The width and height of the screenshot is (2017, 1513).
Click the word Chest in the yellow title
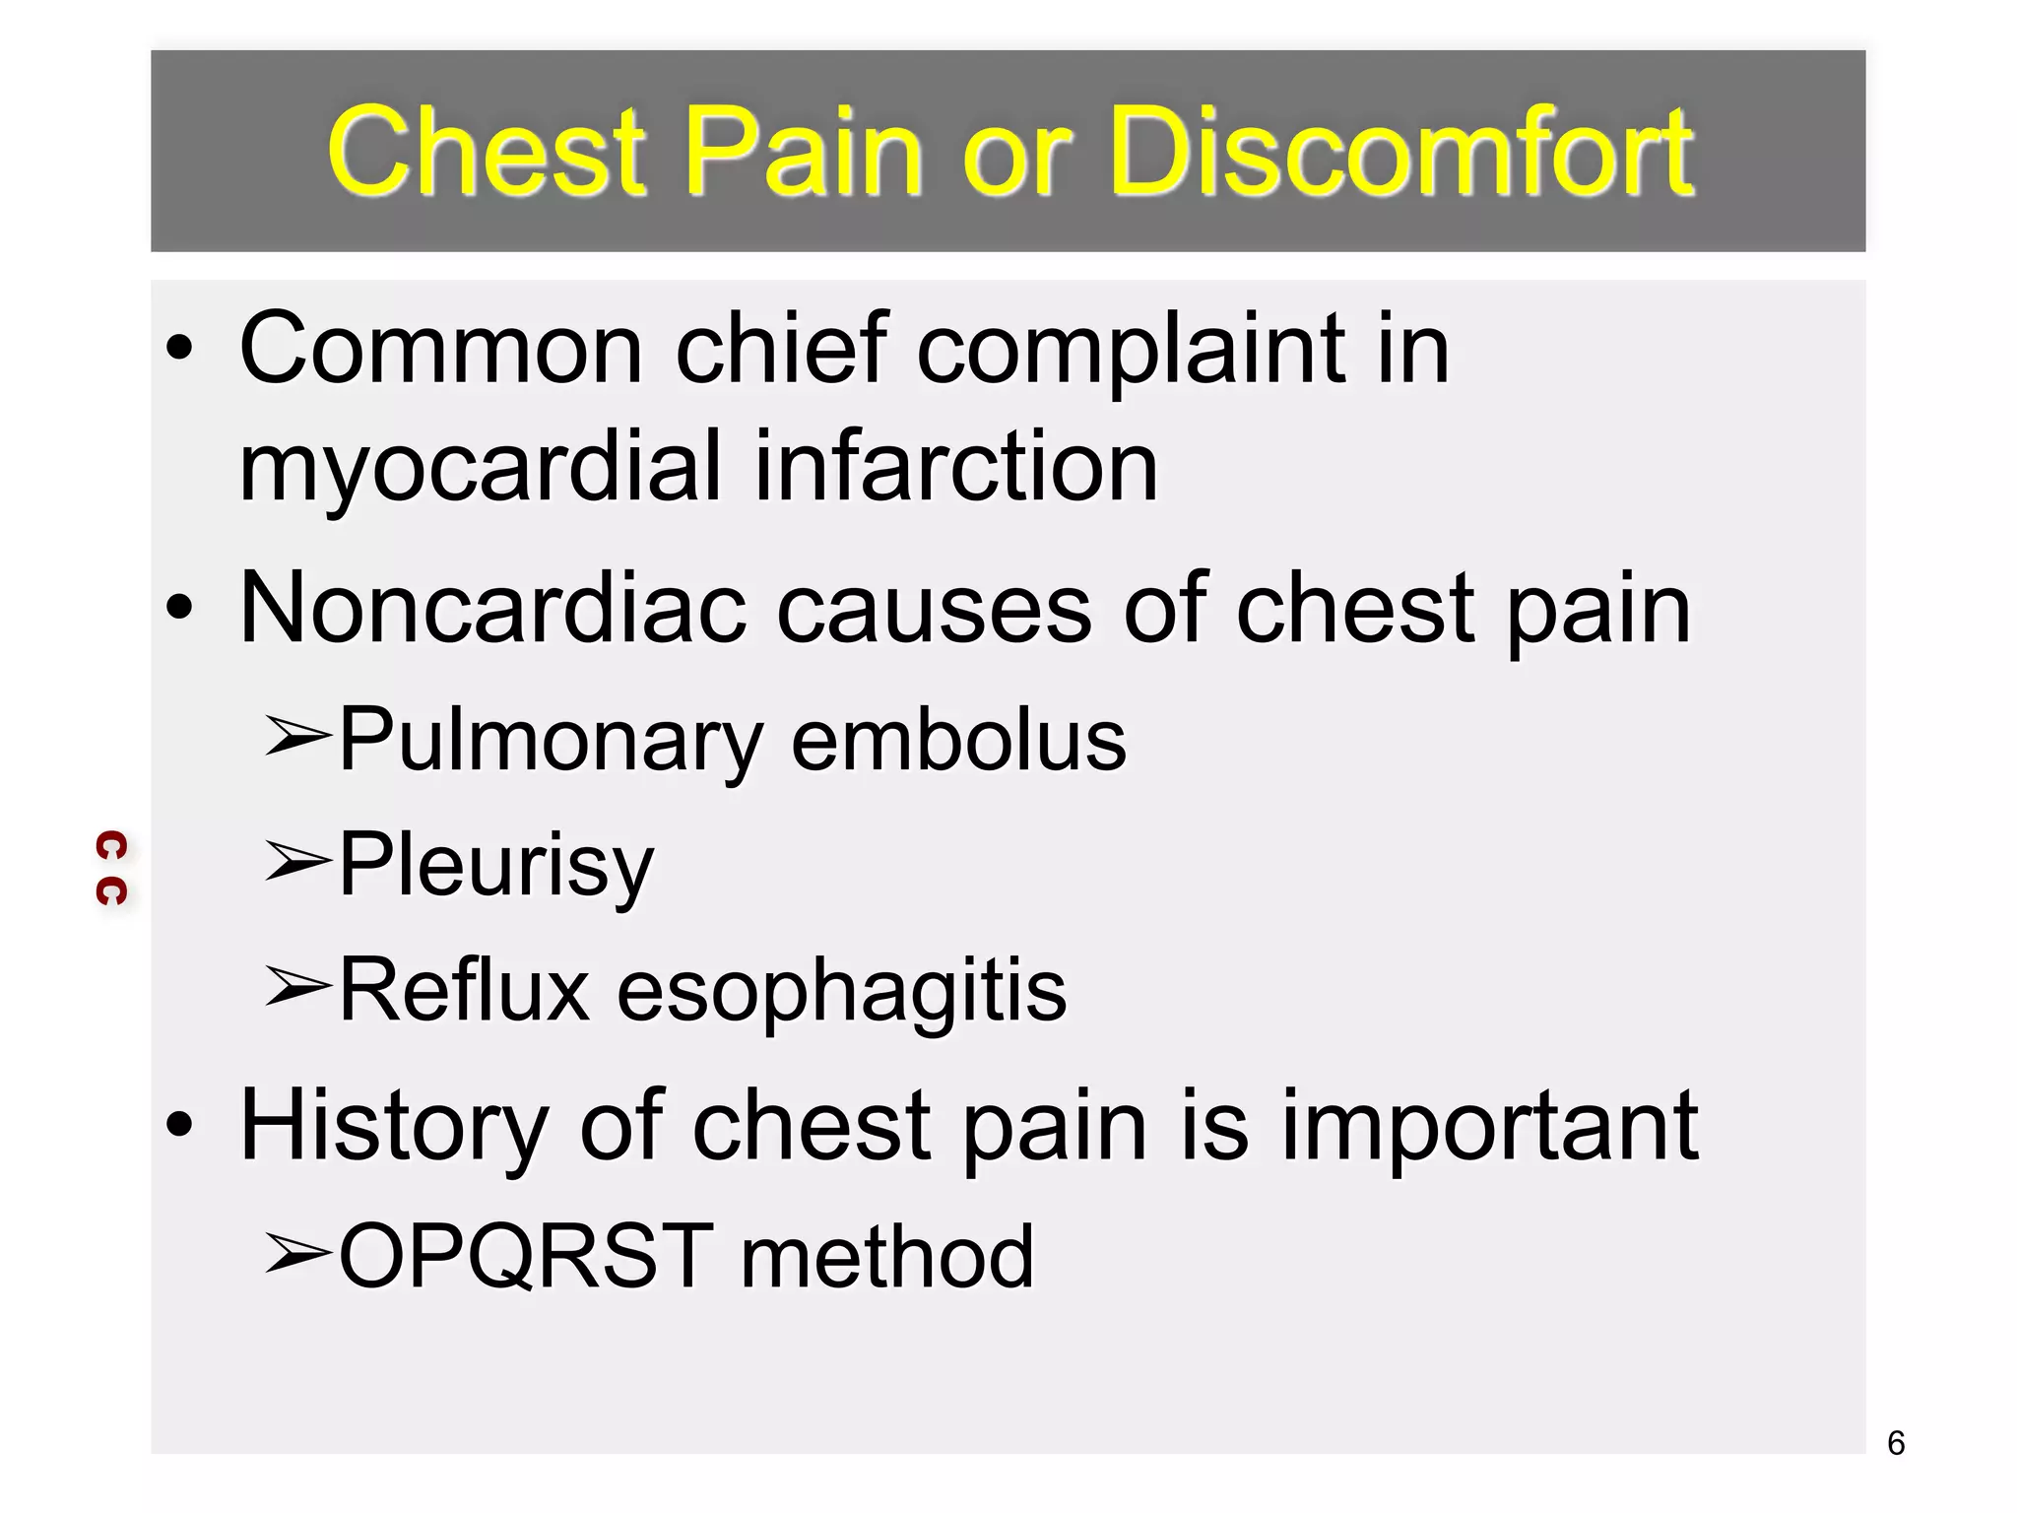[x=487, y=152]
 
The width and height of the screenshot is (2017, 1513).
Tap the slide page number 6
[x=1896, y=1443]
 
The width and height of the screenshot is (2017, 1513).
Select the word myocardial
[x=481, y=468]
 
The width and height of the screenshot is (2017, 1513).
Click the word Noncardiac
[x=492, y=610]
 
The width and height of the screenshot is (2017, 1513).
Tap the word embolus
[x=958, y=741]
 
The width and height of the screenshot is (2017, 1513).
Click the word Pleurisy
[x=496, y=866]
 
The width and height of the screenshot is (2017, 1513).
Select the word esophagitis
[x=841, y=991]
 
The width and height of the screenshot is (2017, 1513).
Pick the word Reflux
[x=464, y=990]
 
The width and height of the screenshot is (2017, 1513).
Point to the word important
[x=1489, y=1126]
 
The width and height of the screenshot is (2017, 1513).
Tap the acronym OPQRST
[x=526, y=1256]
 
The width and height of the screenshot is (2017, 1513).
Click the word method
[x=887, y=1256]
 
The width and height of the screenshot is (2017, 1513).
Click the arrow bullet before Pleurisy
[x=297, y=861]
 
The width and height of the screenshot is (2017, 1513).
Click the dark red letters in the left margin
[x=111, y=868]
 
